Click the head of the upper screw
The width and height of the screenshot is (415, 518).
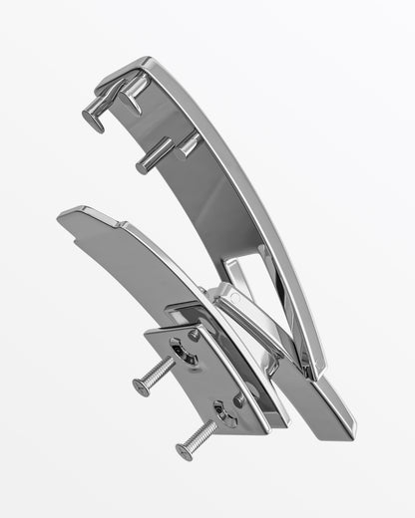pyautogui.click(x=140, y=388)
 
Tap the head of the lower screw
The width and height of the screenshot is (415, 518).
pyautogui.click(x=184, y=451)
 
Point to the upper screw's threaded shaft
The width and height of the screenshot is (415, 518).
pyautogui.click(x=160, y=375)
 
